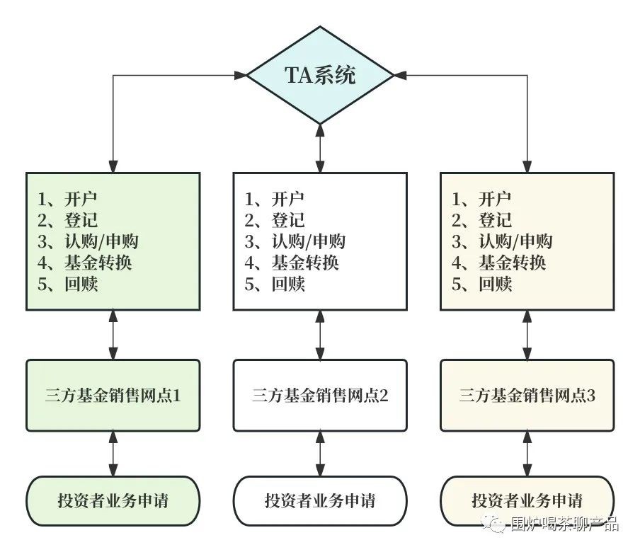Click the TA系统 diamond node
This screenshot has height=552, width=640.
click(320, 74)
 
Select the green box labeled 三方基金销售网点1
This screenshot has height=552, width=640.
click(113, 396)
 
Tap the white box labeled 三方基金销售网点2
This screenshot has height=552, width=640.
click(320, 396)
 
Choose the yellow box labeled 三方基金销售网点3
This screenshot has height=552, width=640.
click(527, 396)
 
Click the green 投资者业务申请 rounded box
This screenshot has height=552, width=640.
click(113, 501)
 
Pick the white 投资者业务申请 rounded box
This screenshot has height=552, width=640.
click(320, 501)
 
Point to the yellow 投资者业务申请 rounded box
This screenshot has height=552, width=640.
click(527, 501)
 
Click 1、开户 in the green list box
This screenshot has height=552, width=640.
click(67, 199)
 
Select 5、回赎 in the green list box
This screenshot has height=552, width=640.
click(68, 284)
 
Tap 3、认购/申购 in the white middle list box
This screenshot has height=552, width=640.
click(295, 241)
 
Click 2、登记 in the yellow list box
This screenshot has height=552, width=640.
click(481, 220)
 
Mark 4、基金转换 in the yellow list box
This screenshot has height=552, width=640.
click(498, 263)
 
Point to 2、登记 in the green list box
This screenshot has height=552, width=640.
click(68, 220)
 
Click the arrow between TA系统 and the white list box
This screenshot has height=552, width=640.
click(320, 148)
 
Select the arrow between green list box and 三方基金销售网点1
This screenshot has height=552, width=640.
click(113, 335)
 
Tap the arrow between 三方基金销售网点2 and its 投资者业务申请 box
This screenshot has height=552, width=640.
click(320, 454)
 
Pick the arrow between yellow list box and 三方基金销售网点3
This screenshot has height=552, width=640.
click(527, 335)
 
